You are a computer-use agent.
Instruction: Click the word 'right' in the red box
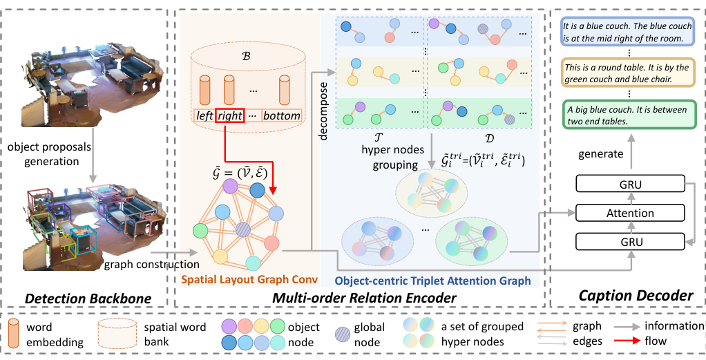pos(230,115)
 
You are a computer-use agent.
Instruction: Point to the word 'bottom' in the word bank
pos(282,115)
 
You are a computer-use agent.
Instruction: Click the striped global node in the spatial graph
pos(242,229)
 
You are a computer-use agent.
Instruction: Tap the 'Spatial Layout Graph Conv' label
pos(249,281)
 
